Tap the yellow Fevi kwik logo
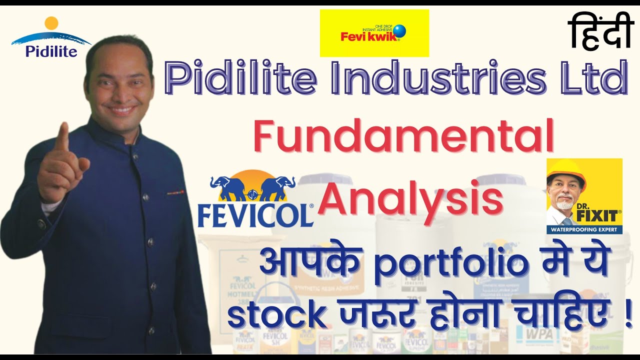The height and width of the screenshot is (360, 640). (x=374, y=33)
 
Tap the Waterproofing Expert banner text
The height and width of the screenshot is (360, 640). (x=584, y=230)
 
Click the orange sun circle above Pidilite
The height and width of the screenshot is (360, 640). (x=51, y=23)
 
